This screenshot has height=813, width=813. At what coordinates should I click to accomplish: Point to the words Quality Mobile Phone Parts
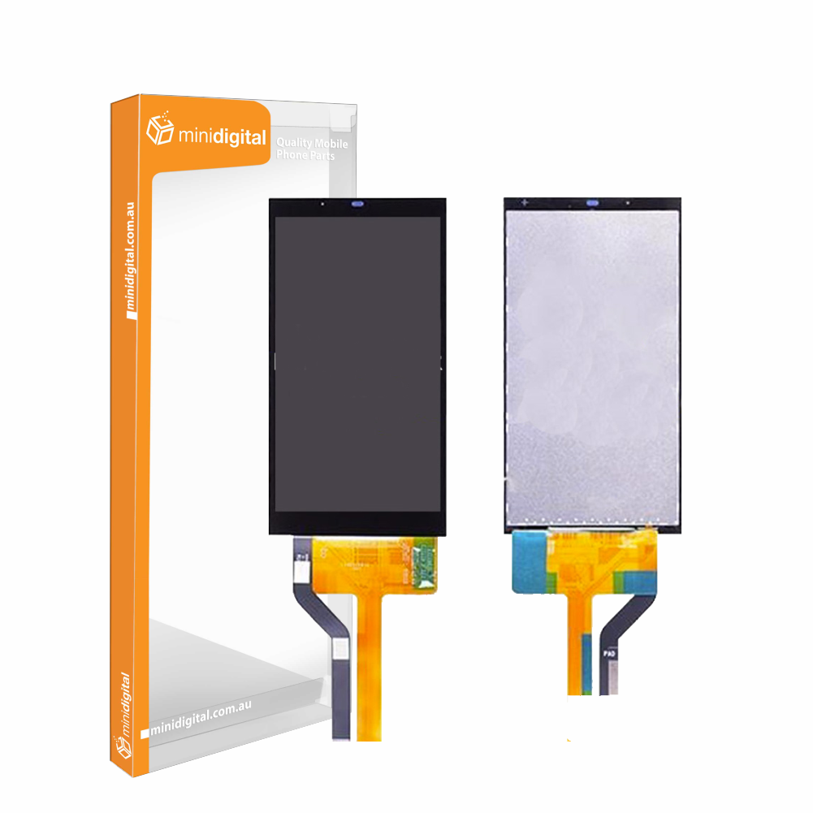tap(312, 149)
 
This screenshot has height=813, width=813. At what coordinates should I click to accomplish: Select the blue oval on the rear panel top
tap(592, 202)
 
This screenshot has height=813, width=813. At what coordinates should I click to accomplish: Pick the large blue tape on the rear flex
tap(529, 564)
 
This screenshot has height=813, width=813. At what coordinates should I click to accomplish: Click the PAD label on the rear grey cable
tap(609, 651)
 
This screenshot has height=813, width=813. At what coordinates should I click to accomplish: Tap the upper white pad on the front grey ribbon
tap(300, 571)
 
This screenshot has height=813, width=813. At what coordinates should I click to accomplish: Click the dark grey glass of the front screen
tap(357, 365)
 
